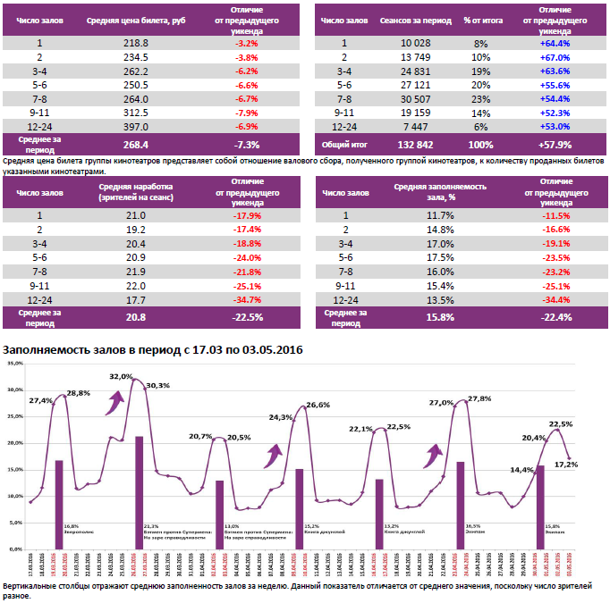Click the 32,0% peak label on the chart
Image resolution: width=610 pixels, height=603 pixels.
coord(120,377)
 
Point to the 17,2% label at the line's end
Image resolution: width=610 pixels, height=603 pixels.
coord(566,464)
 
